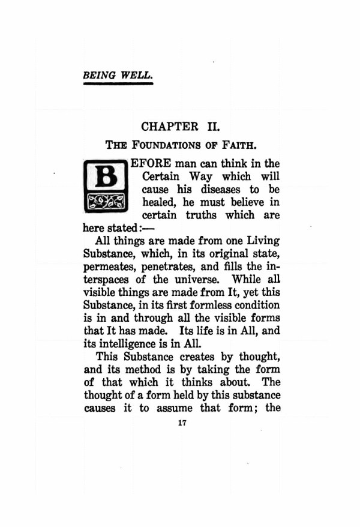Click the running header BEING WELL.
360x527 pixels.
118,76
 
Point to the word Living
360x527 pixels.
262,241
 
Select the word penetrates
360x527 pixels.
169,267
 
